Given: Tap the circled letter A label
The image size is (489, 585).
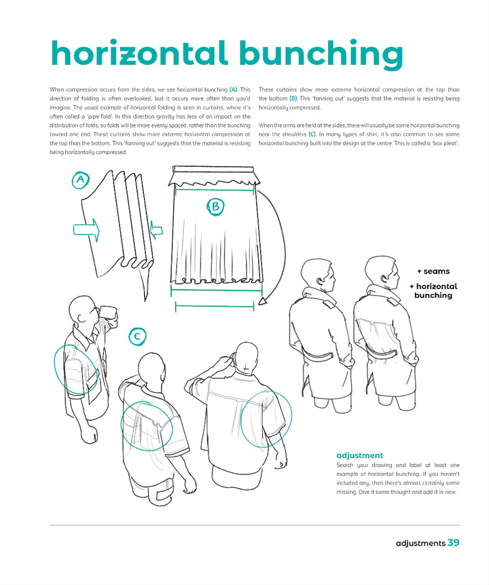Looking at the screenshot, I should [x=81, y=180].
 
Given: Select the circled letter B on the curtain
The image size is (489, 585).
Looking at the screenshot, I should [x=216, y=207].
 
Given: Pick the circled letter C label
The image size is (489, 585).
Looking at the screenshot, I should [x=137, y=336].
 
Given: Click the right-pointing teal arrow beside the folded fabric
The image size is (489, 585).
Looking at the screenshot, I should [x=86, y=230].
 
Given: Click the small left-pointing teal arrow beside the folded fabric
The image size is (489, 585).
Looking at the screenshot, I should [x=156, y=231].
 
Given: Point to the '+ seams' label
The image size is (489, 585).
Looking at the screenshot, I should [x=433, y=271].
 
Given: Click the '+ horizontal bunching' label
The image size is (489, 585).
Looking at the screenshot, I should [x=433, y=291].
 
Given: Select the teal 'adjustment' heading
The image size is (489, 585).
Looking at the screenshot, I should [x=359, y=455].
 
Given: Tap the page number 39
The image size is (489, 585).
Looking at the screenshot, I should [x=454, y=543].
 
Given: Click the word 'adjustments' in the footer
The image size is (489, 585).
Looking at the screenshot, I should [x=420, y=543].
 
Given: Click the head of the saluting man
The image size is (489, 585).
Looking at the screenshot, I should [x=243, y=356].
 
